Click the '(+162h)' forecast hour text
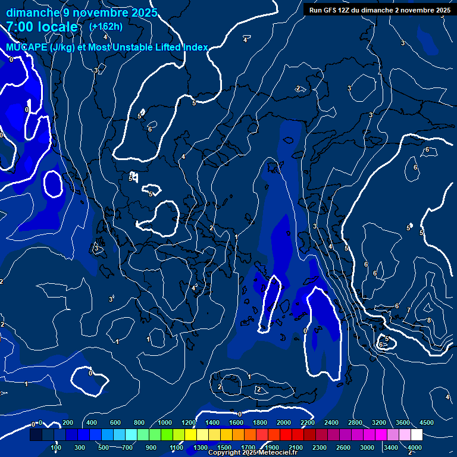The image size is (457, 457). [x=106, y=26]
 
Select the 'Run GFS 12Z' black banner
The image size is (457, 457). [x=379, y=10]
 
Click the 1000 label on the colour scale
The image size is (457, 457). [x=165, y=422]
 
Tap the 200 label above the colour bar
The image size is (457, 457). [x=68, y=422]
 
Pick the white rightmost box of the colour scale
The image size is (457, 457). [x=417, y=435]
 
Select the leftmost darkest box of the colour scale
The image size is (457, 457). [x=36, y=435]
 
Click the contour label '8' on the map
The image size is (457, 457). [x=429, y=320]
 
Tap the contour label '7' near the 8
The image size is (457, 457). [x=408, y=310]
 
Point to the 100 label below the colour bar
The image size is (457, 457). [x=56, y=447]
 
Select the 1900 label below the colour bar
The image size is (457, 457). [x=273, y=447]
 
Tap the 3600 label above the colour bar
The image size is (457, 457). [x=403, y=422]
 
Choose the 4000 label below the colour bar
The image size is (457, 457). [x=415, y=447]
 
